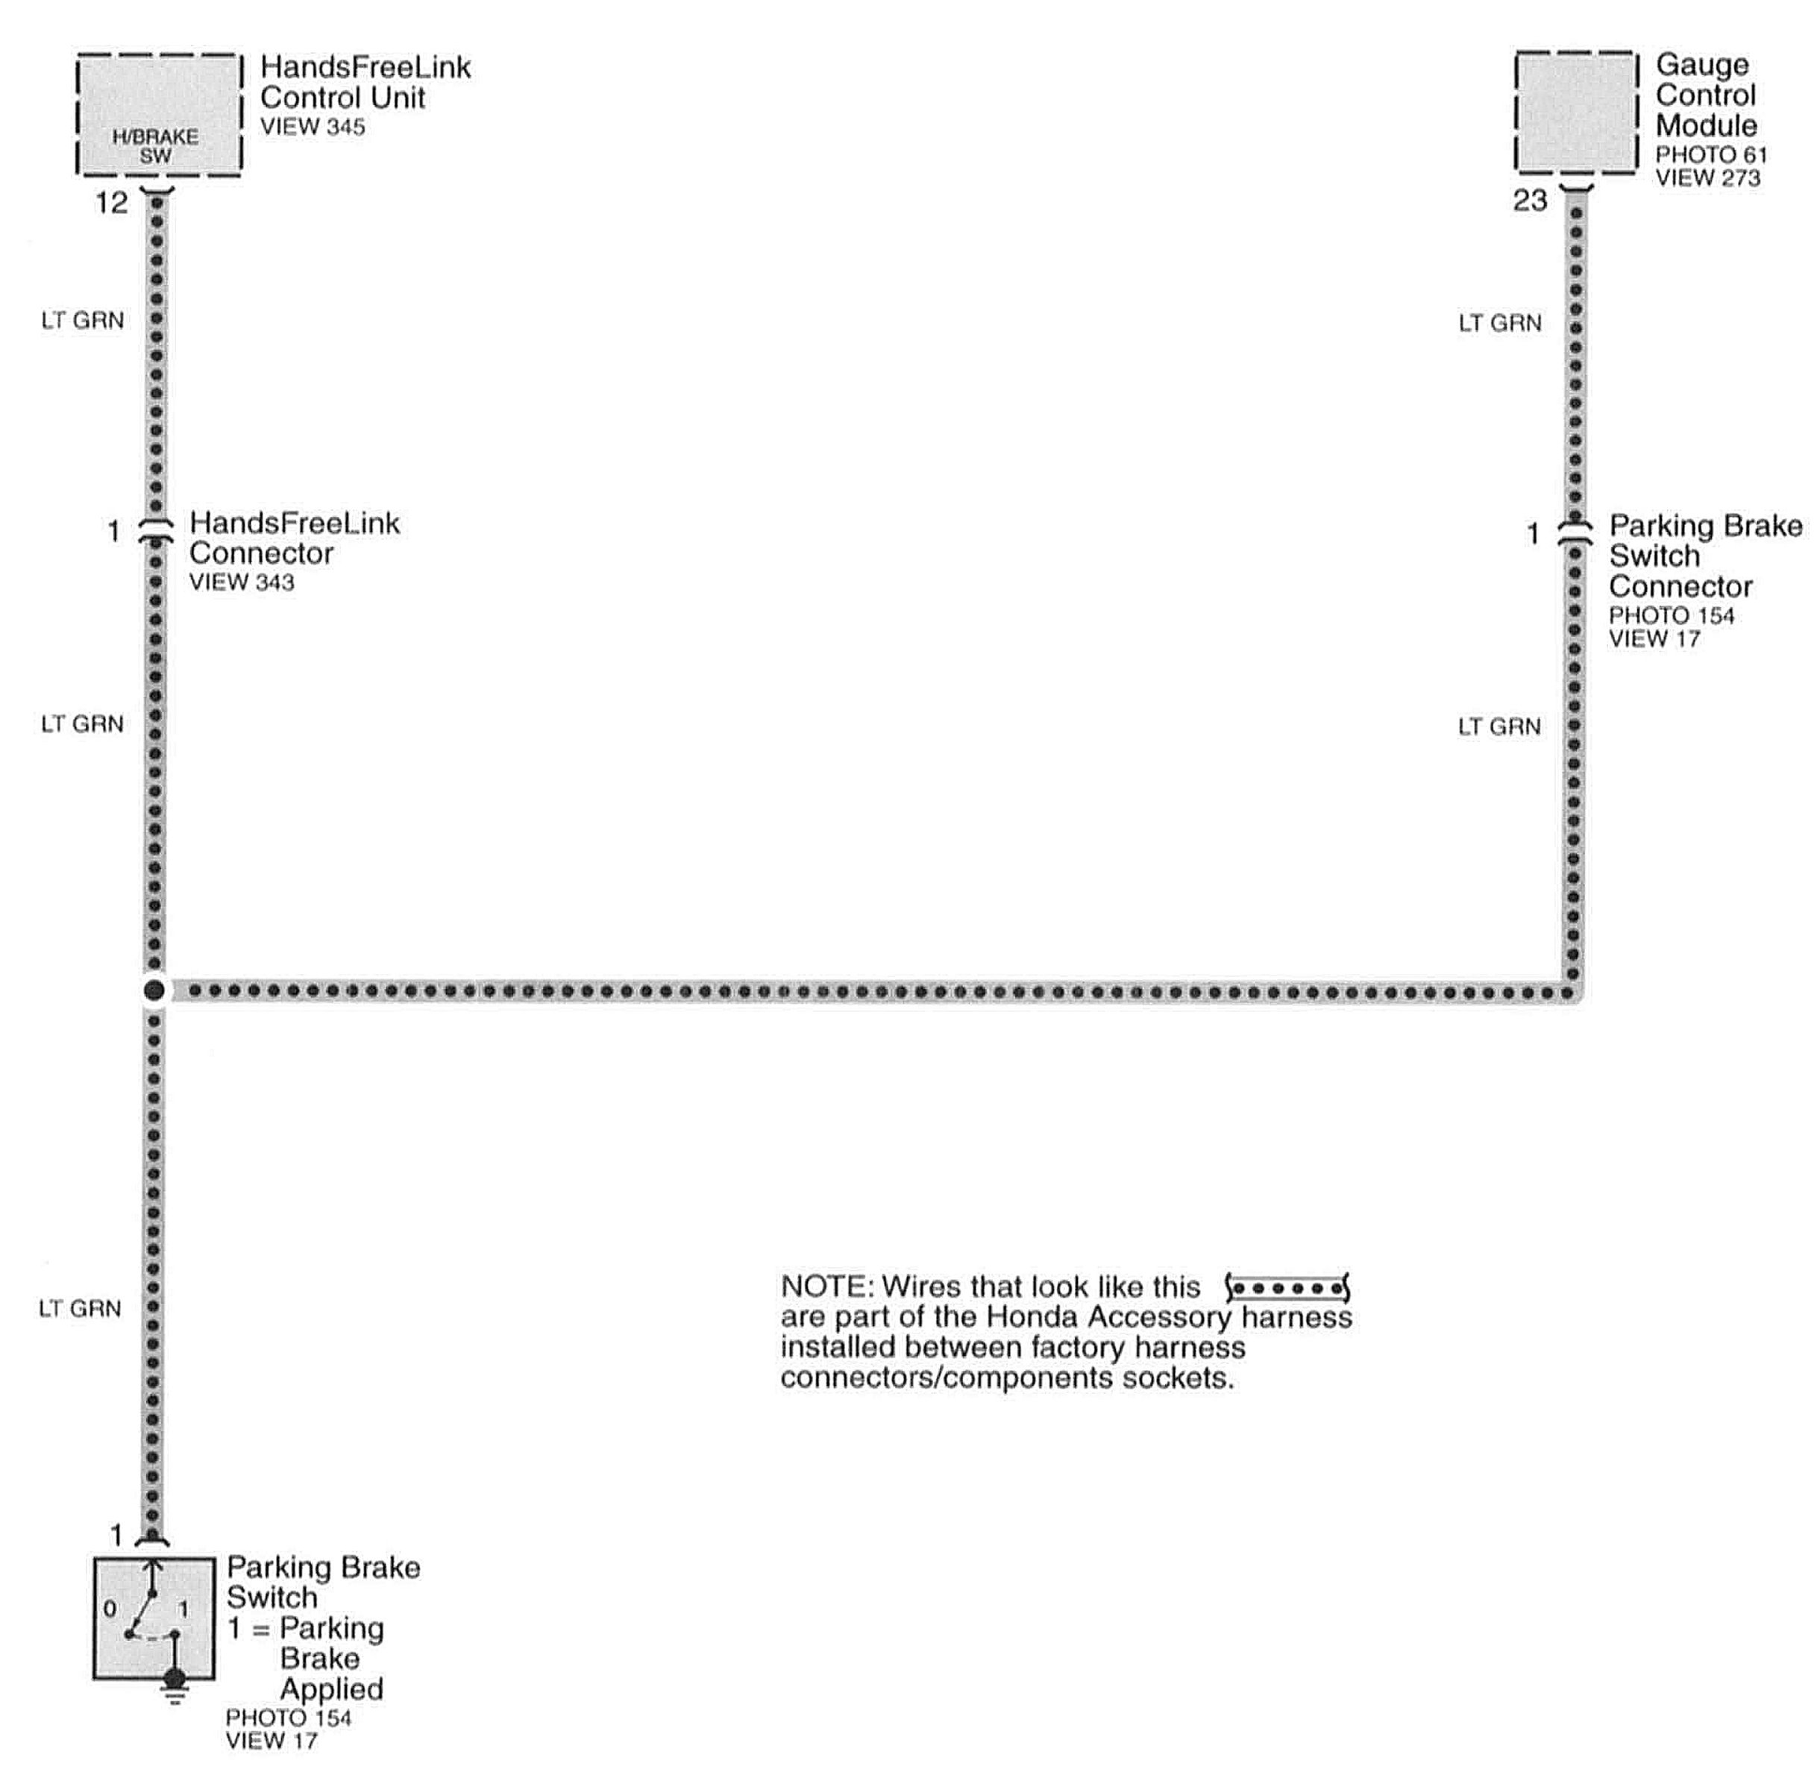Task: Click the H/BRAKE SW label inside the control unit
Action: tap(155, 146)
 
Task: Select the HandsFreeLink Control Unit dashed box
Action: tap(159, 113)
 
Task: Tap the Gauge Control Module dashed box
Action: tap(1576, 112)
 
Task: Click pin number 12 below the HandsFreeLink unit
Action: tap(112, 203)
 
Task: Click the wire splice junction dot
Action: tap(154, 990)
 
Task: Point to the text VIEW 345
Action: tap(312, 128)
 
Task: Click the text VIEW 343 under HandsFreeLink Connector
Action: tap(241, 582)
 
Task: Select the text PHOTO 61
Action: tap(1710, 154)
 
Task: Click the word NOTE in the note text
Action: tap(823, 1287)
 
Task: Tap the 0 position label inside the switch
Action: tap(110, 1608)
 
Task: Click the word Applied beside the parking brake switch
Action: tap(331, 1688)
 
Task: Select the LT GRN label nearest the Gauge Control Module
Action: tap(1499, 324)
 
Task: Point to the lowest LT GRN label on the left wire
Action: tap(80, 1309)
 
